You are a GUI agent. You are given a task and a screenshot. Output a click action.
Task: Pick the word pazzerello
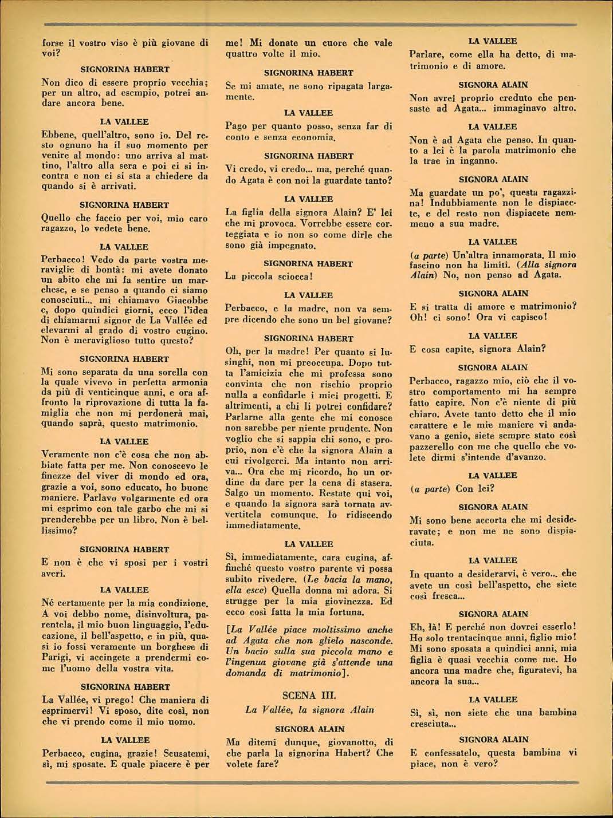tap(438, 447)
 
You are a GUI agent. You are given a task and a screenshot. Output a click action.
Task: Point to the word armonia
tap(185, 382)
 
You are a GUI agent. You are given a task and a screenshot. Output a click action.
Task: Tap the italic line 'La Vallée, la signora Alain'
tap(309, 710)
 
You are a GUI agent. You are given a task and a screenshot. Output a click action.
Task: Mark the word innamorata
tap(510, 255)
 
